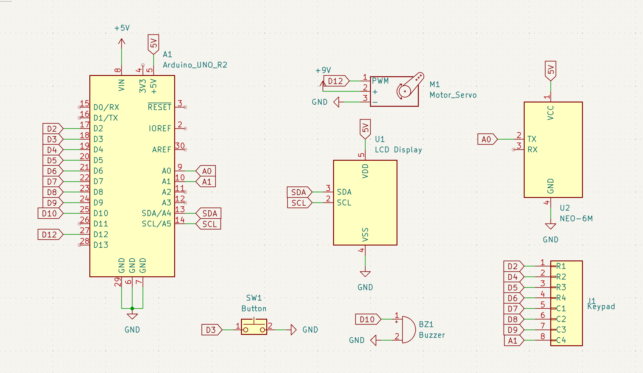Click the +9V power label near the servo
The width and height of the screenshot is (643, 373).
click(323, 70)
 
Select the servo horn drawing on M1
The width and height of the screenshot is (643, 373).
click(410, 85)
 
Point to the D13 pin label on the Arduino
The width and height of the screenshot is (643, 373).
click(101, 245)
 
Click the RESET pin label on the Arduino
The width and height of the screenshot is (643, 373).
click(160, 107)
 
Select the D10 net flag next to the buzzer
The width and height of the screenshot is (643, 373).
click(368, 319)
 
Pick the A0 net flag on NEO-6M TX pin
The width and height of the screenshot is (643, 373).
click(487, 139)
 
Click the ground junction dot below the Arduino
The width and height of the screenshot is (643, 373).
click(132, 309)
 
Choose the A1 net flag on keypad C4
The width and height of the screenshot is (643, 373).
click(513, 340)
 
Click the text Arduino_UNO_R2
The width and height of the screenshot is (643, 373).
click(195, 65)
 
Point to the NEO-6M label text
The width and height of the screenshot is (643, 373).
click(576, 218)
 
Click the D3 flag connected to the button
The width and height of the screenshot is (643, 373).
click(211, 330)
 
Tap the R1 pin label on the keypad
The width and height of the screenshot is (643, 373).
click(561, 266)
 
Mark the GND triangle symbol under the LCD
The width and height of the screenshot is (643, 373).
click(365, 274)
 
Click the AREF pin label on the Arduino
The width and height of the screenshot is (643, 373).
click(161, 150)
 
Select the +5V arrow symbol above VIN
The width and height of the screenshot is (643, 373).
click(122, 43)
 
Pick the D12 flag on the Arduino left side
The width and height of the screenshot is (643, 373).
click(50, 235)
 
